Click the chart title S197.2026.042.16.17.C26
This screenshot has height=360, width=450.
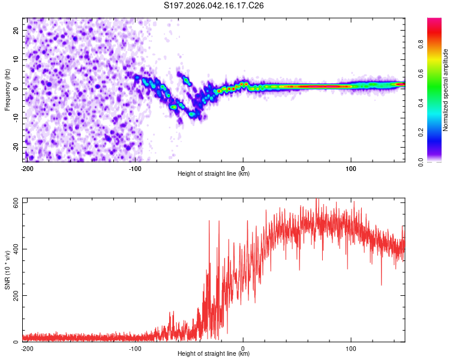[214, 6]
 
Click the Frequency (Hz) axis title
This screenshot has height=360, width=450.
[7, 90]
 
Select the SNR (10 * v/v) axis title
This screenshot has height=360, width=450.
[7, 270]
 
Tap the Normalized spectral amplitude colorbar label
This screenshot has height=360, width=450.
[445, 90]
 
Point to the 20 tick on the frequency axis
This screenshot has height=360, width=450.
[17, 30]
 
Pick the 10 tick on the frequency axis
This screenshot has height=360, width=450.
[17, 59]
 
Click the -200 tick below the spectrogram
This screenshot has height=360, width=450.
[27, 167]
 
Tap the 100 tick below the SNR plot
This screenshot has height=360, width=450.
[351, 347]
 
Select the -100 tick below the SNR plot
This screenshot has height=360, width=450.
[135, 347]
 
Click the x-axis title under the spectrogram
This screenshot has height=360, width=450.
[214, 174]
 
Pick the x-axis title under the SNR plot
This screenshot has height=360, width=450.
[214, 354]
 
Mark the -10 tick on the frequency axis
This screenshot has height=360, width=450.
[16, 118]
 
